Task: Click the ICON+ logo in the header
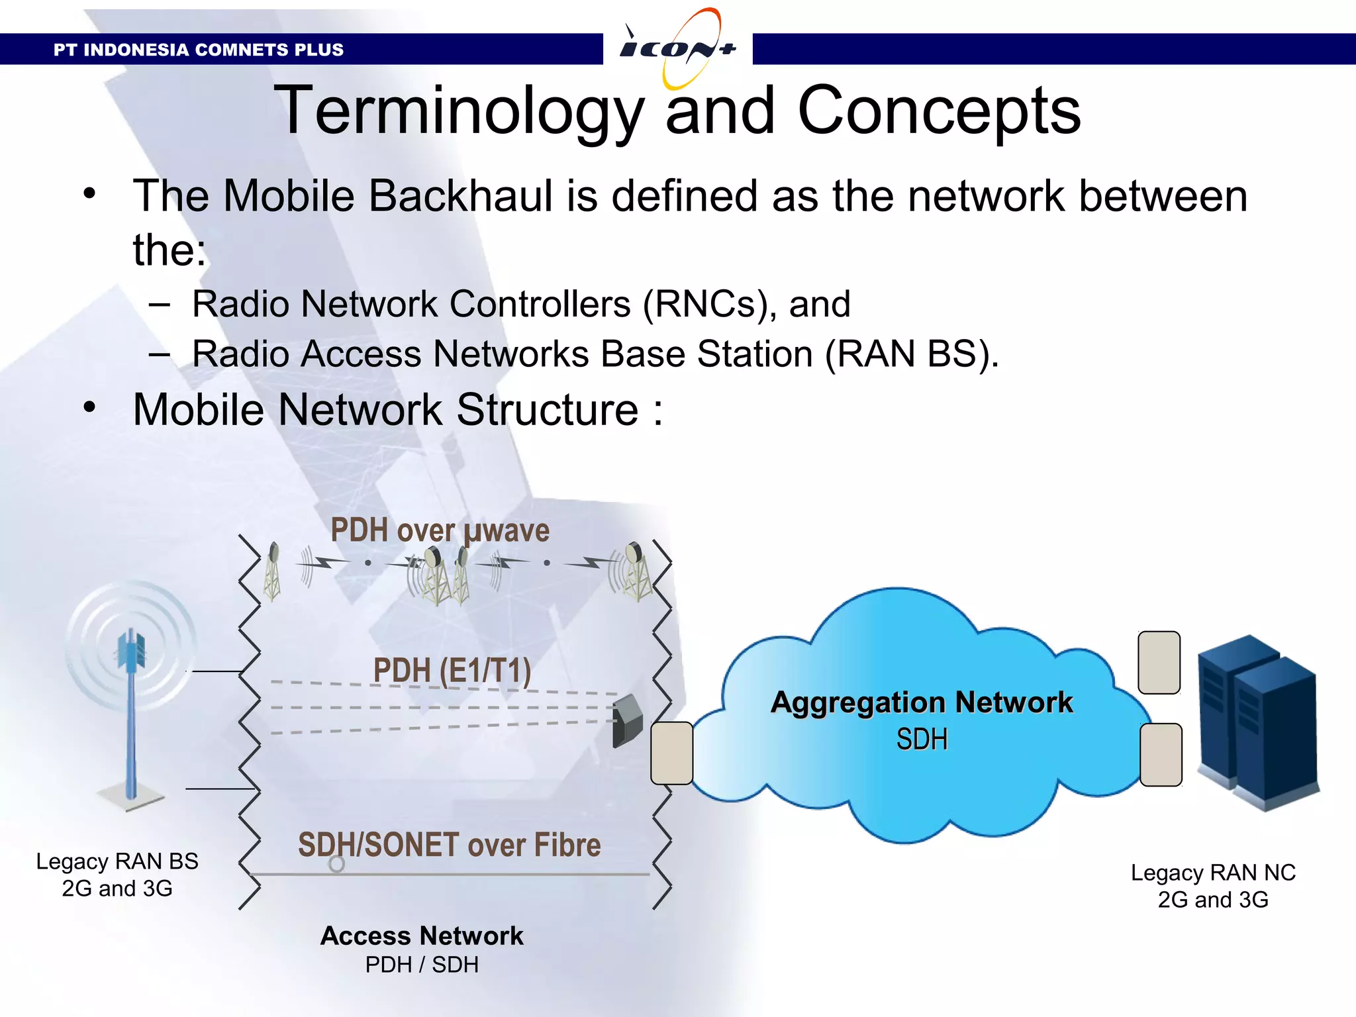pos(677,48)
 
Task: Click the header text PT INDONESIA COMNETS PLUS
pos(199,50)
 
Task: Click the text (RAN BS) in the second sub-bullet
pos(910,354)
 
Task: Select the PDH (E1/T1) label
pos(452,671)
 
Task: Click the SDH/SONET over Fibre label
pos(449,846)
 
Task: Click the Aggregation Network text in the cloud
pos(922,702)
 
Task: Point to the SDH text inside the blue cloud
pos(922,740)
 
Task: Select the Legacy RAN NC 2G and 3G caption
pos(1212,886)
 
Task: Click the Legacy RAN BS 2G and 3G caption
pos(117,875)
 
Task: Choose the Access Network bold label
pos(422,936)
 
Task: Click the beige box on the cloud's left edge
pos(671,753)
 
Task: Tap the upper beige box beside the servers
pos(1159,663)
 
